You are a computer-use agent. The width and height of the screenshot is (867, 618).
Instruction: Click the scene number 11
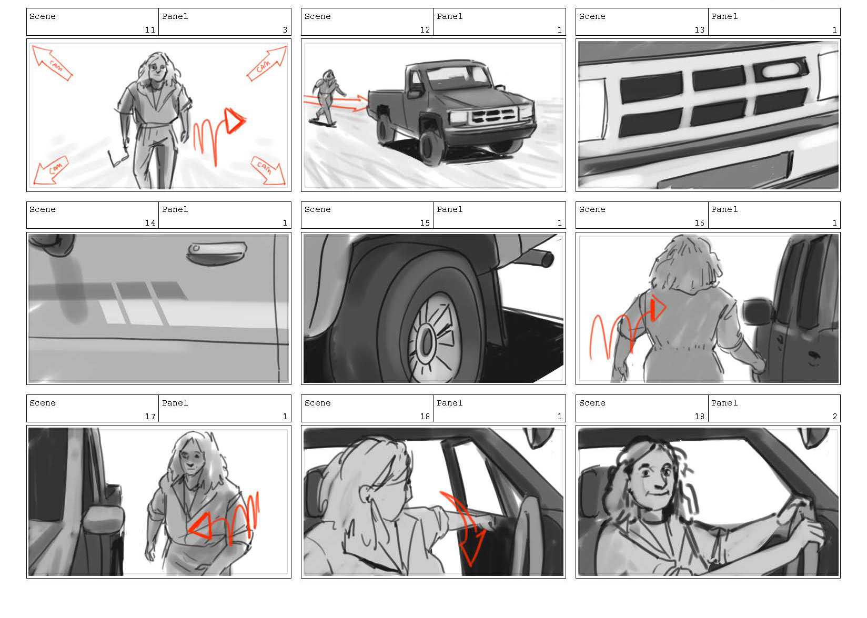click(150, 30)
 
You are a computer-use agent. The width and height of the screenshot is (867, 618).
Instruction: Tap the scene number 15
click(425, 223)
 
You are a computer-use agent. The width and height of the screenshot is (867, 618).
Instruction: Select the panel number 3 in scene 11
click(285, 30)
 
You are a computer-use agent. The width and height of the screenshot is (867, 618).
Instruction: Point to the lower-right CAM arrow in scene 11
click(269, 171)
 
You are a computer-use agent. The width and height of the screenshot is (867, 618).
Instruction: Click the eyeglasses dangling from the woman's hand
click(118, 156)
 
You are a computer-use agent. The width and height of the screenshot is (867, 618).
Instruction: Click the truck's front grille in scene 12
click(493, 115)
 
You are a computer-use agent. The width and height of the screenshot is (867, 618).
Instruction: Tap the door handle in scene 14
click(216, 254)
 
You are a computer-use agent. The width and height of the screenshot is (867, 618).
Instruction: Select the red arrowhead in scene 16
click(658, 308)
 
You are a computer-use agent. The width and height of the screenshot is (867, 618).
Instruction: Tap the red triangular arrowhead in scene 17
click(200, 526)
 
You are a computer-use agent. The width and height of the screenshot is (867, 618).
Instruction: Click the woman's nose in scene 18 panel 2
click(659, 482)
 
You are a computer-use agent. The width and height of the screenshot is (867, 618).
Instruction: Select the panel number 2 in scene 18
click(835, 417)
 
